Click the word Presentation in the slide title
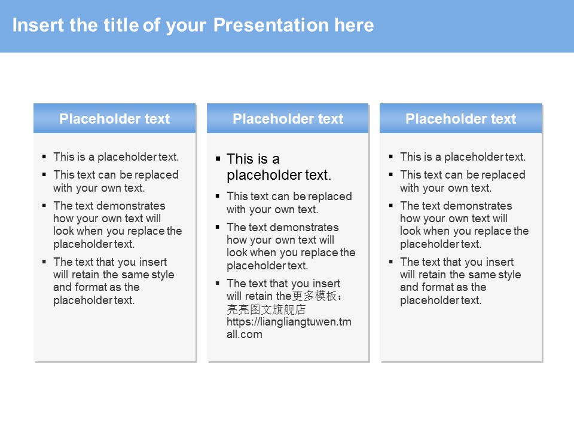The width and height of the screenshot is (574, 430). pos(271,25)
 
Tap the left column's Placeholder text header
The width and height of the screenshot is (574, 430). pos(115,118)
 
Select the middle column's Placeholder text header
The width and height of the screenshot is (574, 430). pos(288,118)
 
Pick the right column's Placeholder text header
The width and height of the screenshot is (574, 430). pos(461,118)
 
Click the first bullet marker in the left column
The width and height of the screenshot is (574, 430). pos(44,157)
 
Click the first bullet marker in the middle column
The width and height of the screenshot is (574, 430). pos(218,159)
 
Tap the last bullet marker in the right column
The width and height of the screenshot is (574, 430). pos(391,262)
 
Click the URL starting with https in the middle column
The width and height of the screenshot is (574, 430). pos(289,328)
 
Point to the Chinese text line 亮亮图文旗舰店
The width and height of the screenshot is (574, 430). pos(266,309)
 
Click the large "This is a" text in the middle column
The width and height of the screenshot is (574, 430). pos(253,159)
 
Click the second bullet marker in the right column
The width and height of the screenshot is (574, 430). pos(391,175)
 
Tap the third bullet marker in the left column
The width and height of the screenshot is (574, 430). pos(44,206)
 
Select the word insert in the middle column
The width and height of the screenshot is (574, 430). pos(326,283)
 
